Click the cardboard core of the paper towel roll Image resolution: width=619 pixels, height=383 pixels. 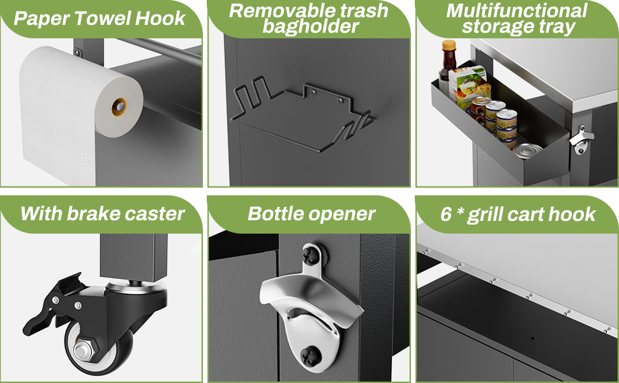pyautogui.click(x=119, y=107)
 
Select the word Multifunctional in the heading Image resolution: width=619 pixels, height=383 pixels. pyautogui.click(x=517, y=10)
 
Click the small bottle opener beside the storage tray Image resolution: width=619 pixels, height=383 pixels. pyautogui.click(x=581, y=139)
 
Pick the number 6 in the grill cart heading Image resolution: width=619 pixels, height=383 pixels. pyautogui.click(x=445, y=214)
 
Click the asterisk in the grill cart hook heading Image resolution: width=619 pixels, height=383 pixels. pyautogui.click(x=459, y=211)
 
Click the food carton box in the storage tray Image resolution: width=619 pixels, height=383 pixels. pyautogui.click(x=468, y=85)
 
